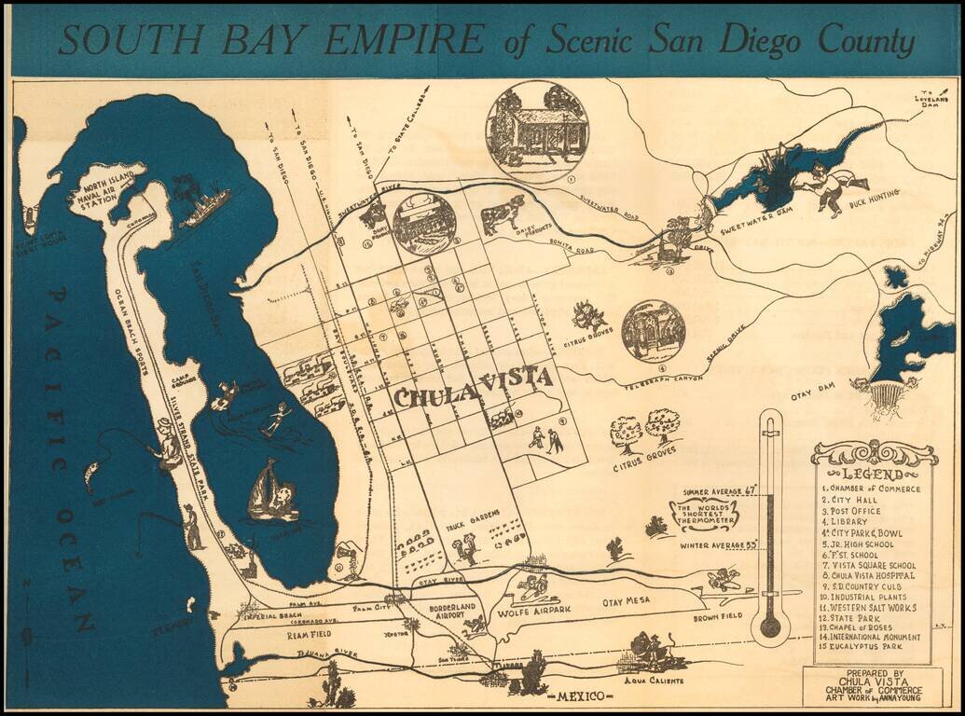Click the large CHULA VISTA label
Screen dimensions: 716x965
coord(473,386)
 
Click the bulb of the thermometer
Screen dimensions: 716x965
coord(770,626)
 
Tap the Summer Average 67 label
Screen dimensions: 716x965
coord(717,490)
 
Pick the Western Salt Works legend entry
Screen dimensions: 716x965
coord(869,607)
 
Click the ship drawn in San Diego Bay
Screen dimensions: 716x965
coord(206,208)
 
